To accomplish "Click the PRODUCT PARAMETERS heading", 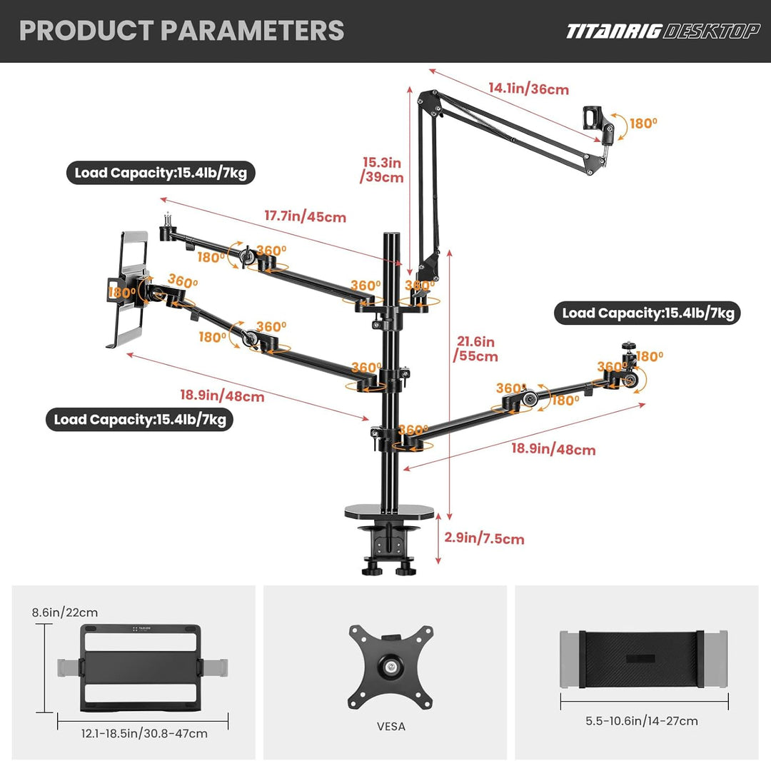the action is click(x=181, y=31).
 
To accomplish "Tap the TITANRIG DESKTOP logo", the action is click(x=662, y=31).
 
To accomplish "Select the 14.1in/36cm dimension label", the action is click(x=528, y=89).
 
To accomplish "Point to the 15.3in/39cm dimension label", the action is click(x=381, y=170).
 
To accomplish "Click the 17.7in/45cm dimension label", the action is click(x=306, y=216).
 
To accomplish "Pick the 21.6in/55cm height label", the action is click(x=475, y=348).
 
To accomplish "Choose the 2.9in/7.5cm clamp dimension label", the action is click(x=484, y=538).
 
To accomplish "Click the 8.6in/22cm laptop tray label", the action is click(x=65, y=613).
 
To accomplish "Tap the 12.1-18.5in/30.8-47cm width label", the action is click(x=144, y=733).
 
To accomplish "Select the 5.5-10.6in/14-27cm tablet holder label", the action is click(x=642, y=721).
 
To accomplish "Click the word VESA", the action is click(x=391, y=726).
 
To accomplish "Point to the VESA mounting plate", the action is click(x=391, y=667).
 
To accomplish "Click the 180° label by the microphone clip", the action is click(x=643, y=123).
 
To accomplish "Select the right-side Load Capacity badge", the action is click(x=647, y=313).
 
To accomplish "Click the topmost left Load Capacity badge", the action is click(x=161, y=173).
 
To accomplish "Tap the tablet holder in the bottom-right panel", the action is click(x=644, y=659).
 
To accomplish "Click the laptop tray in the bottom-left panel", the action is click(x=141, y=667).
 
